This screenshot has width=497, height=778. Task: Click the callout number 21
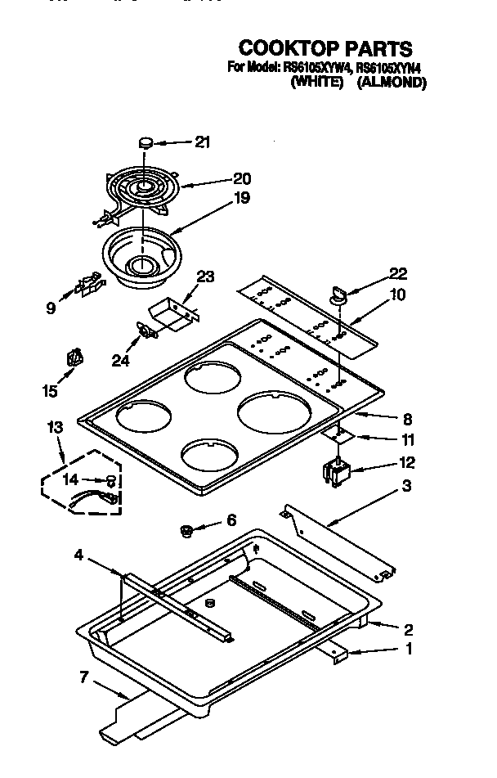202,142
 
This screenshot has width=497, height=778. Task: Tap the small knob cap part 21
148,143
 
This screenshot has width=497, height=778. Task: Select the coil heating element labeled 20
142,190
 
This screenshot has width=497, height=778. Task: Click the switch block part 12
337,473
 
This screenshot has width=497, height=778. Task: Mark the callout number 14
71,479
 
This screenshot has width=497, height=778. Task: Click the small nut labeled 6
186,532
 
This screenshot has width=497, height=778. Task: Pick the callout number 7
83,676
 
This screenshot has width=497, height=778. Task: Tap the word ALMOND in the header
392,82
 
